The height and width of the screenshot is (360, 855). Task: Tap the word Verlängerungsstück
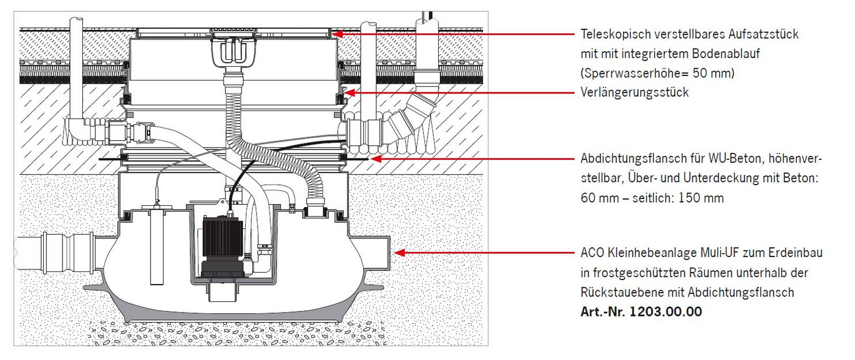tap(634, 92)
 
